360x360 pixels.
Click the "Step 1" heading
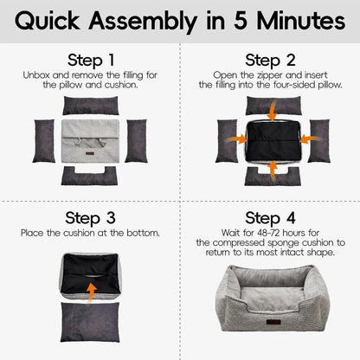coord(91,61)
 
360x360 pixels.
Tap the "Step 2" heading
coord(270,61)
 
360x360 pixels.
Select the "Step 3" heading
coord(90,218)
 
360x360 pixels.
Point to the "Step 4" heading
coord(270,218)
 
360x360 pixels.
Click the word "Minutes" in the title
coord(301,21)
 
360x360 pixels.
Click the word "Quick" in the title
coord(48,22)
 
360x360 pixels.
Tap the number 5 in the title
coord(241,21)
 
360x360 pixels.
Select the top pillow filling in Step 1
coord(91,106)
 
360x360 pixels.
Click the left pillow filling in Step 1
coord(44,141)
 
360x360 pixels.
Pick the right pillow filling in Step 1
coord(137,141)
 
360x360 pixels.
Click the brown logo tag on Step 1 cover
coord(90,153)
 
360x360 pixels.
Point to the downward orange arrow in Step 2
coord(273,111)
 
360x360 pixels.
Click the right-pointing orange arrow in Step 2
coord(236,139)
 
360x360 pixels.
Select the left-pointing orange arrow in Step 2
coord(310,139)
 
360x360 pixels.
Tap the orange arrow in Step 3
coord(92,292)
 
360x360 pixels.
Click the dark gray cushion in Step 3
coord(90,322)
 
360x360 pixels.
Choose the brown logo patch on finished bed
coord(273,322)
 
